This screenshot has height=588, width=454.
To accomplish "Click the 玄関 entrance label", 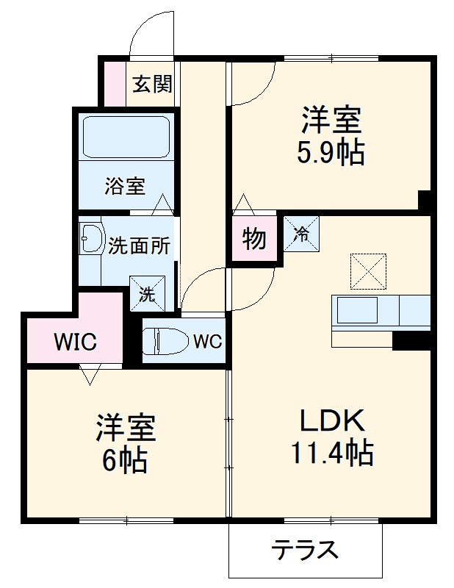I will [152, 84].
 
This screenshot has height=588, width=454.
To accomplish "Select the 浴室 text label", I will [124, 186].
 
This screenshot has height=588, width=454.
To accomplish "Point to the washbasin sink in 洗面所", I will [91, 239].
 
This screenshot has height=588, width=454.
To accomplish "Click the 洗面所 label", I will [140, 245].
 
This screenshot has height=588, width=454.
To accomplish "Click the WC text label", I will [208, 341].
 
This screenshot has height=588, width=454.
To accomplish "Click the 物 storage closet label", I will [254, 239].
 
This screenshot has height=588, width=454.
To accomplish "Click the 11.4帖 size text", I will [333, 453].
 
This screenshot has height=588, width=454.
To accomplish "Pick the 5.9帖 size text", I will [331, 153].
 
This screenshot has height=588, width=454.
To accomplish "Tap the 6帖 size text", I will [126, 460].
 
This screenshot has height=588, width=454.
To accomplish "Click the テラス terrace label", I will [306, 550].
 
